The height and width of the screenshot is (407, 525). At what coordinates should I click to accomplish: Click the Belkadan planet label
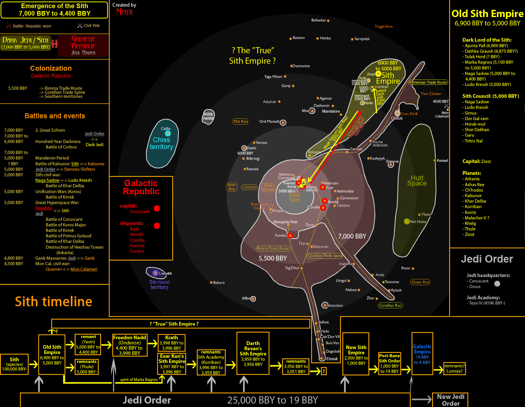click(x=318, y=20)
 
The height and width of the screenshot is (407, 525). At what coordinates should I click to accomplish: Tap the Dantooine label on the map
click(x=301, y=66)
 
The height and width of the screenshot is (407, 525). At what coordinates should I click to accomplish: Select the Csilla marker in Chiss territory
click(x=168, y=133)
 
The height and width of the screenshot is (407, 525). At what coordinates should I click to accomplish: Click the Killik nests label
click(x=208, y=116)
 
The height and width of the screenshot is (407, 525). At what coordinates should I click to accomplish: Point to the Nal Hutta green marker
click(x=407, y=221)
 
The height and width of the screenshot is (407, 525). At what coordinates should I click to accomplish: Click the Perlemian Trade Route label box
click(x=428, y=82)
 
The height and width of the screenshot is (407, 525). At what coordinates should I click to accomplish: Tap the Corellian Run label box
click(x=390, y=305)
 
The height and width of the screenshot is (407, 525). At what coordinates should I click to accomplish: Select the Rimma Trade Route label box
click(x=273, y=248)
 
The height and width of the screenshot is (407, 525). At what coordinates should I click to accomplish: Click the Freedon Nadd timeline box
click(x=130, y=345)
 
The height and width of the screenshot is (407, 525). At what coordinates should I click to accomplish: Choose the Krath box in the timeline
click(x=171, y=343)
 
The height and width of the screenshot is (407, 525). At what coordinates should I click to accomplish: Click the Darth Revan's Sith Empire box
click(x=253, y=353)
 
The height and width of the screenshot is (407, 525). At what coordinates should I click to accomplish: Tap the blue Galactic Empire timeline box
click(x=422, y=354)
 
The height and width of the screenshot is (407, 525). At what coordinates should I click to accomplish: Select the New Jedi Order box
click(x=450, y=400)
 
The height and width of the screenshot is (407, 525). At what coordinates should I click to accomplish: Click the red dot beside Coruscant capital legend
click(x=157, y=208)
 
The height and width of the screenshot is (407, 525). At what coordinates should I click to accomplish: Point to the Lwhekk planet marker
click(x=155, y=273)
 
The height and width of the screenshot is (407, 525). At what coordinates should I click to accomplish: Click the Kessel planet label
click(x=442, y=161)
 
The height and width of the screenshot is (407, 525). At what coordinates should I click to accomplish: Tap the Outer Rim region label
click(x=420, y=282)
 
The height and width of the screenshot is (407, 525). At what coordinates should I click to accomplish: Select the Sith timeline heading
click(x=54, y=302)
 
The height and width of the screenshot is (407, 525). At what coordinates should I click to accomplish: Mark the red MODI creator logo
click(x=124, y=12)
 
